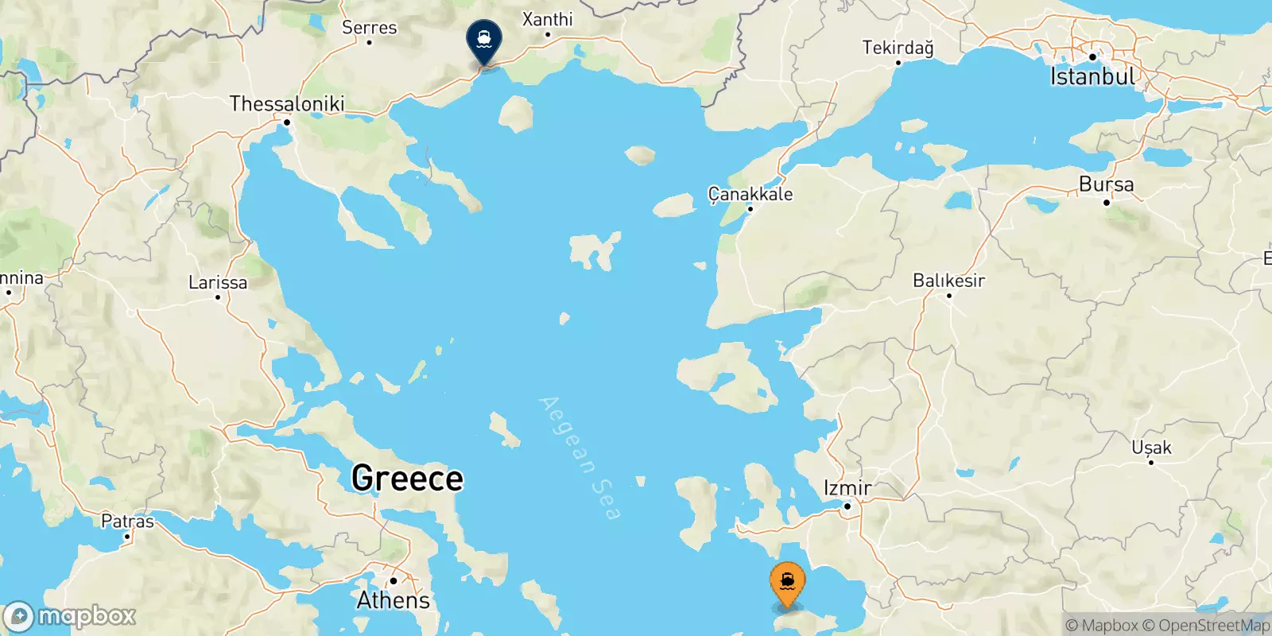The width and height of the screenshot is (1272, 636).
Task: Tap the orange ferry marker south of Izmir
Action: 787,584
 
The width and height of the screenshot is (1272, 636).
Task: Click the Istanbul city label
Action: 1093,77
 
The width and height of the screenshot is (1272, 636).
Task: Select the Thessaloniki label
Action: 287,103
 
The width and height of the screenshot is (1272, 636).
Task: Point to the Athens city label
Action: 393,600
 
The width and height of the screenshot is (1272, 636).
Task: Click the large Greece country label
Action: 407,479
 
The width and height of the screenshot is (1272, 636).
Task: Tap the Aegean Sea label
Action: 580,458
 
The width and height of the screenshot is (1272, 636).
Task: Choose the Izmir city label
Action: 847,487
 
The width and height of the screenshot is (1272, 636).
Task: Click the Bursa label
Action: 1106,184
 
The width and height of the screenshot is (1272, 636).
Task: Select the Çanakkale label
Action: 750,194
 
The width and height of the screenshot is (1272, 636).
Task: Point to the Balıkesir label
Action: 948,281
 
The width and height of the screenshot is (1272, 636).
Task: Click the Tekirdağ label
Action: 898,48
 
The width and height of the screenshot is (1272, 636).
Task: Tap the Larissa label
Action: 218,282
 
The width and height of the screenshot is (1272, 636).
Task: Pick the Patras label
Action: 127,522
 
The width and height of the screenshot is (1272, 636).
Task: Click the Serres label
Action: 369,27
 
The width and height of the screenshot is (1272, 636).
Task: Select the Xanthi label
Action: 547,19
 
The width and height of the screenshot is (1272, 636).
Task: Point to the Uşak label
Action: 1151,448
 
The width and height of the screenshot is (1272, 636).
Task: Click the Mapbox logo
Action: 70,616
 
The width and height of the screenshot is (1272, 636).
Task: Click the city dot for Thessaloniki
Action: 287,122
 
